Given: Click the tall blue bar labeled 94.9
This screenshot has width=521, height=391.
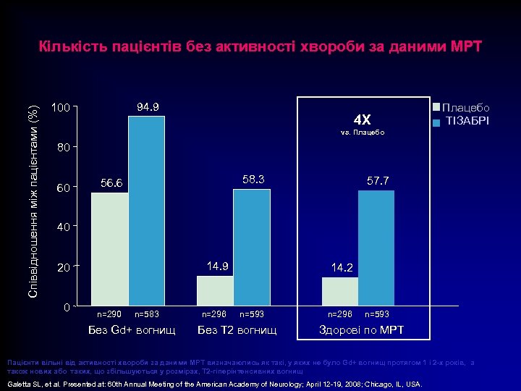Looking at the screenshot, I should click(x=146, y=210).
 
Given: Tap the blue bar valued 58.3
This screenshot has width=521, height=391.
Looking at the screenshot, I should click(x=252, y=247).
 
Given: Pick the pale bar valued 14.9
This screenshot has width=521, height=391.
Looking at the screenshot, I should click(x=215, y=290).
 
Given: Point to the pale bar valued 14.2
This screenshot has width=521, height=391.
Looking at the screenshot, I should click(x=339, y=290).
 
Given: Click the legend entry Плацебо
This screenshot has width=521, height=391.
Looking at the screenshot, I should click(x=466, y=108).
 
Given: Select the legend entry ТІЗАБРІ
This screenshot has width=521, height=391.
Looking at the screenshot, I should click(x=466, y=120).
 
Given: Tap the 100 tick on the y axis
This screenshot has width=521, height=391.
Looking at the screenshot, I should click(x=61, y=109).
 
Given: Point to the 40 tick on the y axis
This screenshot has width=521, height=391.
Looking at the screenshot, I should click(x=64, y=227).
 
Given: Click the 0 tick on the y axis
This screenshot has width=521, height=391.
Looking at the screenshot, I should click(x=67, y=307).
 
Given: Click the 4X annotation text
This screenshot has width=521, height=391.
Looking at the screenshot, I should click(x=362, y=119).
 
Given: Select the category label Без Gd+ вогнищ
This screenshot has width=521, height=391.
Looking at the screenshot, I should click(x=131, y=330).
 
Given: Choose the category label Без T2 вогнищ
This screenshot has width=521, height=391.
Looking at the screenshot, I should click(x=237, y=330).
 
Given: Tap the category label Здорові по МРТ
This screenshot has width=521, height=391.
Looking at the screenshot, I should click(x=362, y=330).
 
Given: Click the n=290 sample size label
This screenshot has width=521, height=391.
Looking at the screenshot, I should click(x=110, y=314).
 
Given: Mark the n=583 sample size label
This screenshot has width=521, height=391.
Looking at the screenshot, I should click(x=147, y=314).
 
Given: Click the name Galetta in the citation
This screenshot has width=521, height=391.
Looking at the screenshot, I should click(x=20, y=384).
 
